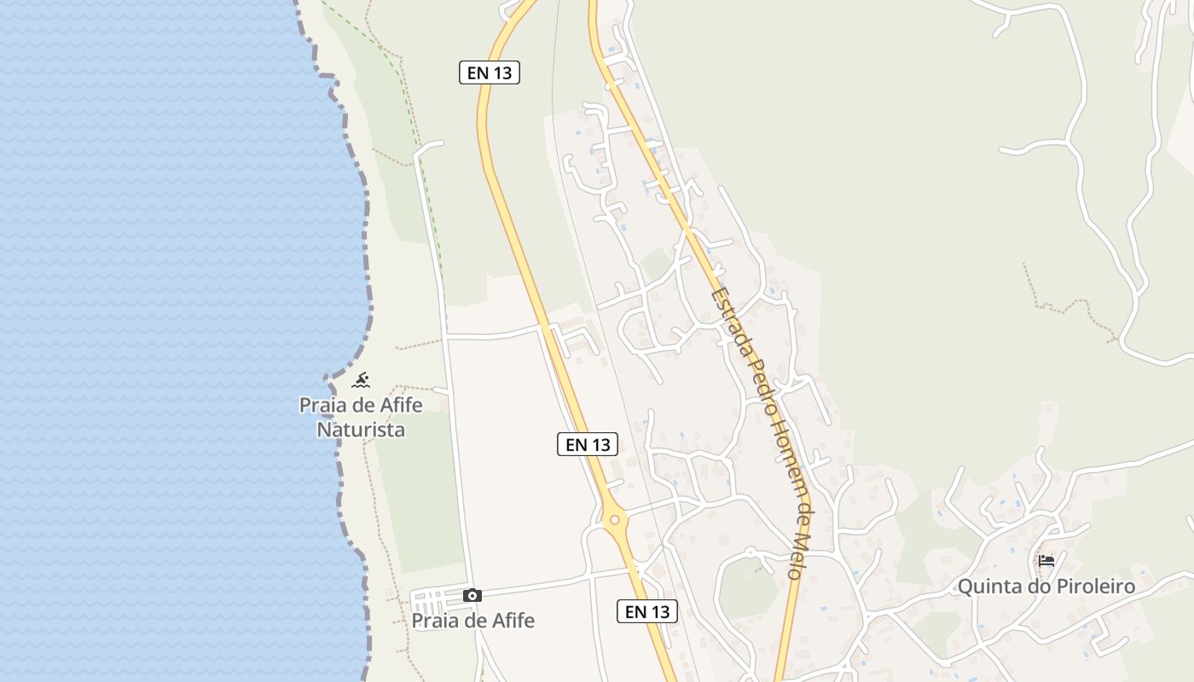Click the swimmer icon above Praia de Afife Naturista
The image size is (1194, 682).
pyautogui.click(x=361, y=380)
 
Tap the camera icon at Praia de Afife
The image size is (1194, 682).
pyautogui.click(x=472, y=595)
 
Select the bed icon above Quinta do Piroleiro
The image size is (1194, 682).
pyautogui.click(x=1046, y=560)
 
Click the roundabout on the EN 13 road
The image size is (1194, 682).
pyautogui.click(x=614, y=518)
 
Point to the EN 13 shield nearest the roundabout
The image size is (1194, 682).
pyautogui.click(x=588, y=444)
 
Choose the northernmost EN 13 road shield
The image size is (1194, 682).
pyautogui.click(x=490, y=72)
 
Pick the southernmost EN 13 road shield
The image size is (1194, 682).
pyautogui.click(x=647, y=611)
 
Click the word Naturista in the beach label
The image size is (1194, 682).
pyautogui.click(x=361, y=429)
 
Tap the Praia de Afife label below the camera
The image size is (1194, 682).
pyautogui.click(x=473, y=621)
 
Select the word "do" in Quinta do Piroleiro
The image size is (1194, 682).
pyautogui.click(x=1034, y=587)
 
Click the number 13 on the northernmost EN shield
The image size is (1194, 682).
pyautogui.click(x=503, y=72)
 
